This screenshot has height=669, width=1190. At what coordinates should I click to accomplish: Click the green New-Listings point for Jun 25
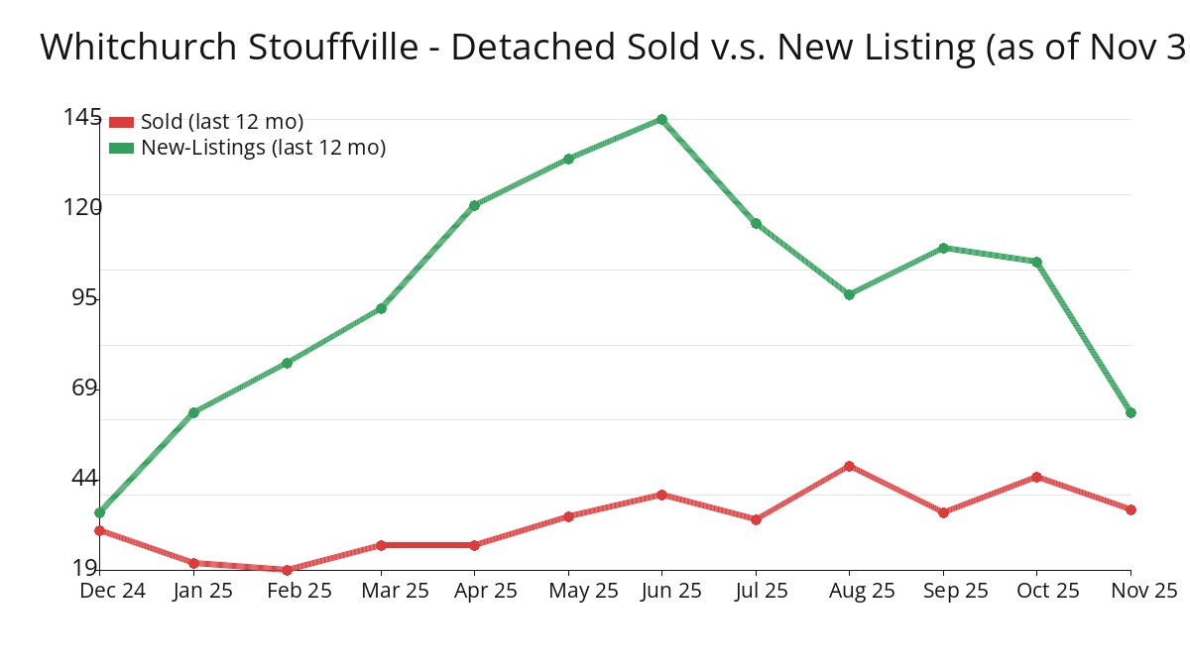point(661,120)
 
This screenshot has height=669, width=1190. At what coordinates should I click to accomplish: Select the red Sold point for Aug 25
point(849,466)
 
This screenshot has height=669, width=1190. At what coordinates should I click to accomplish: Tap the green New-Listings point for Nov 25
point(1130,412)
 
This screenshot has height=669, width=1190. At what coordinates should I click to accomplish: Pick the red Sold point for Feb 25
point(287,570)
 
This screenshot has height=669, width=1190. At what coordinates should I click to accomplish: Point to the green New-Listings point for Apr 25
point(474,205)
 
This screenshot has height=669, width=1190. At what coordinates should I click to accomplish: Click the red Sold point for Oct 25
point(1036,477)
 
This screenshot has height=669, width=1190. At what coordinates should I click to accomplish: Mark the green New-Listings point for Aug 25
point(849,294)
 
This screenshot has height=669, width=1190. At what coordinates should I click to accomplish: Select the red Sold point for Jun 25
point(661,495)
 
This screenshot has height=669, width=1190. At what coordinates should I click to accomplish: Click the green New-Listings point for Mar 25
point(381,309)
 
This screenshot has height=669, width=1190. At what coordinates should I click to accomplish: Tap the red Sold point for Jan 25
point(193,563)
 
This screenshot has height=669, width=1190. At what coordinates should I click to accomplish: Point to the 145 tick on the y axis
point(81,117)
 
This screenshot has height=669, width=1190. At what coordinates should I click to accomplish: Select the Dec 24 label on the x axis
point(113,591)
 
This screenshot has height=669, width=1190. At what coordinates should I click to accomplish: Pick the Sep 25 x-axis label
point(956,591)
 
